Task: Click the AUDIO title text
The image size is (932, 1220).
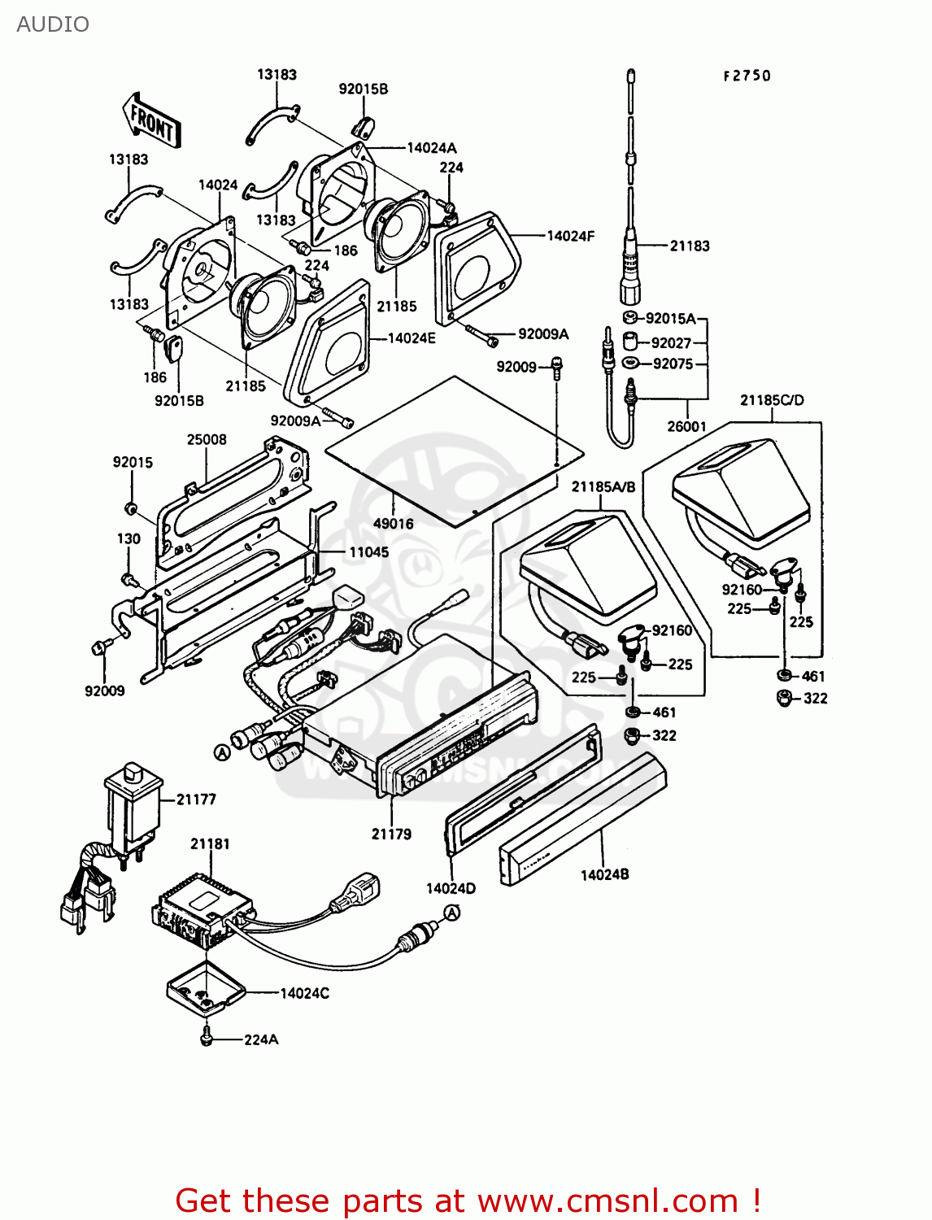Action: click(x=53, y=24)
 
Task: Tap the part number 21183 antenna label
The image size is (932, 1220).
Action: click(x=689, y=246)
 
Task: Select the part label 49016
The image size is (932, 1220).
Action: click(x=393, y=524)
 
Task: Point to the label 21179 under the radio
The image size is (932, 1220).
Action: click(x=391, y=834)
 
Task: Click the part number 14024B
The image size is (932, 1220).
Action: click(x=604, y=875)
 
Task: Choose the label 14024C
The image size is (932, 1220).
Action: click(x=304, y=993)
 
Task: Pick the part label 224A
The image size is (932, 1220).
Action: click(x=261, y=1039)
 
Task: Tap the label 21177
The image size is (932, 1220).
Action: click(x=196, y=800)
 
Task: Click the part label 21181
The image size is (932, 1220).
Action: click(x=210, y=843)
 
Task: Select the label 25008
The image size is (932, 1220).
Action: click(x=207, y=440)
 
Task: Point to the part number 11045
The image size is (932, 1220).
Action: click(x=368, y=552)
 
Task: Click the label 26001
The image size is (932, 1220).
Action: click(x=687, y=426)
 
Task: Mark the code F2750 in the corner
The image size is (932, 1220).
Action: click(x=747, y=76)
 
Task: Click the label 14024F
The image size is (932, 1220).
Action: click(x=570, y=236)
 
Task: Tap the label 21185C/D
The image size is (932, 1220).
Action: click(x=772, y=400)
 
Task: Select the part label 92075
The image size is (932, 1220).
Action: click(x=673, y=364)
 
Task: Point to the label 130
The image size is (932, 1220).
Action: click(x=128, y=538)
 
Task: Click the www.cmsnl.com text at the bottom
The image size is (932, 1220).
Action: click(x=607, y=1200)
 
